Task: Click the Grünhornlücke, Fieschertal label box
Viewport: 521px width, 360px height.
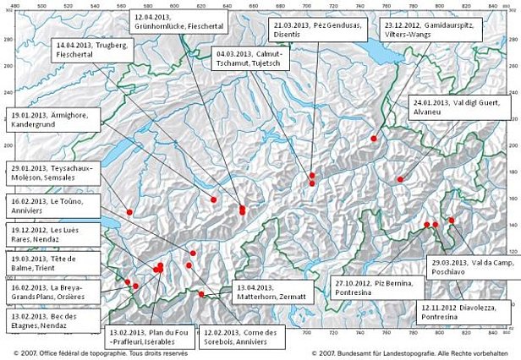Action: (166, 22)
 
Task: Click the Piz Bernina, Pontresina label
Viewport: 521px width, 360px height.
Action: (367, 288)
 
